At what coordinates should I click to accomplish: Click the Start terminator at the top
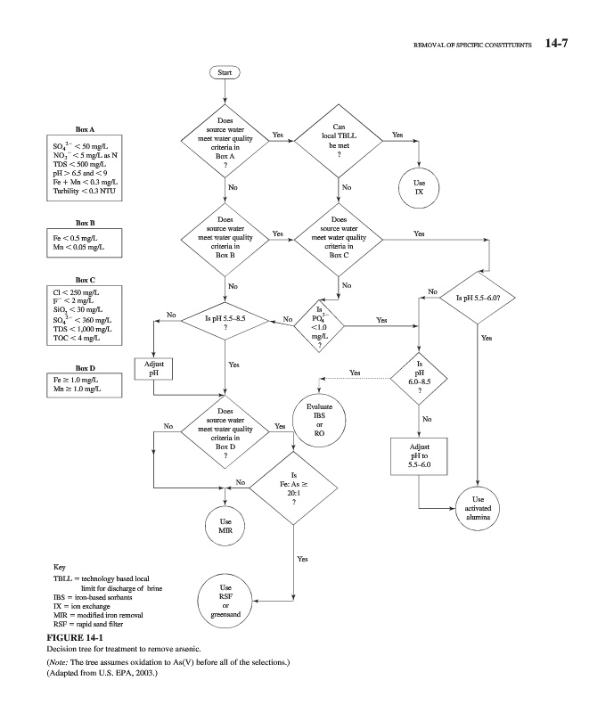[x=225, y=71]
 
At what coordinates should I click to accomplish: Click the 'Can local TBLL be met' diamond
[x=339, y=140]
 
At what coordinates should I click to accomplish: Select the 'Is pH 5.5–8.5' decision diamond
[x=225, y=322]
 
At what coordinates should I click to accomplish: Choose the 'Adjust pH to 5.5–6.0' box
[x=419, y=454]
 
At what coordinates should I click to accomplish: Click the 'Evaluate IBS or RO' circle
[x=319, y=418]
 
